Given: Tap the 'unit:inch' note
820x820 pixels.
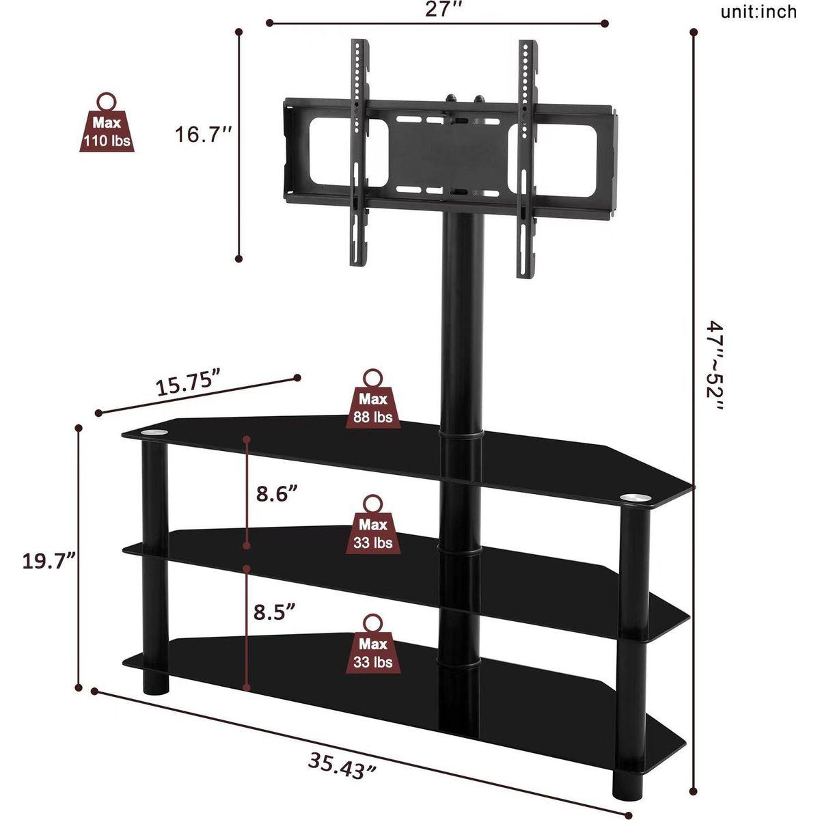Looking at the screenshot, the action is click(x=758, y=12).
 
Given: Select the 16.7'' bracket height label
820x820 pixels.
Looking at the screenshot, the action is click(x=204, y=135).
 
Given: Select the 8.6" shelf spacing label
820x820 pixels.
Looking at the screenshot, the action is click(x=276, y=495).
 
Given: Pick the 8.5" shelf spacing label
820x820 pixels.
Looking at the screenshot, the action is click(x=275, y=612).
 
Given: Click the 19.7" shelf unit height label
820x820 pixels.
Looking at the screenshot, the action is click(x=49, y=561).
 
